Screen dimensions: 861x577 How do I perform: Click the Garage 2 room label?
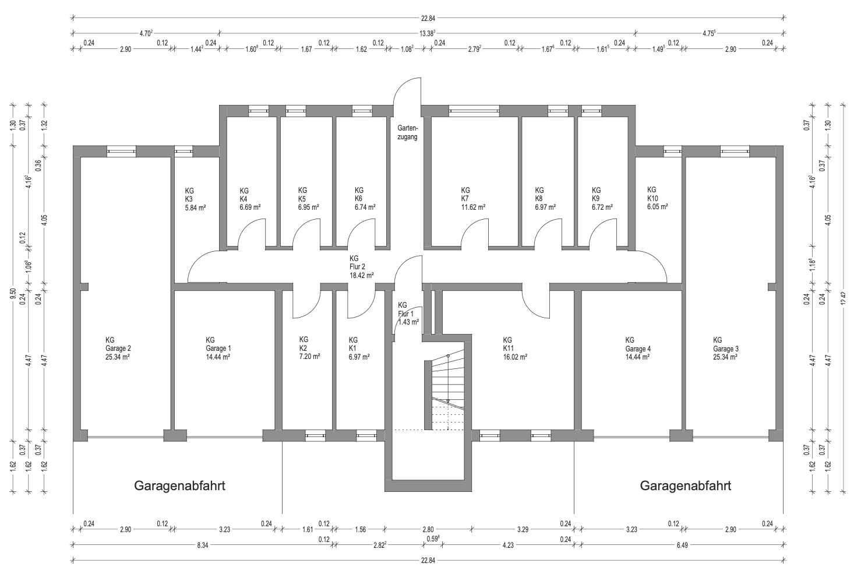tap(118, 349)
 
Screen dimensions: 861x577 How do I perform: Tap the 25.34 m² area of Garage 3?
tap(725, 357)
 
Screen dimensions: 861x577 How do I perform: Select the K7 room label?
tap(465, 199)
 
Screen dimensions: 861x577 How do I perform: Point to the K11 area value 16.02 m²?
tap(515, 357)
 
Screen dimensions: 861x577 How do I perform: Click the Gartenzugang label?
tap(407, 132)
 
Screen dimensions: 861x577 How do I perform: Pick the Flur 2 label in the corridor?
tap(357, 267)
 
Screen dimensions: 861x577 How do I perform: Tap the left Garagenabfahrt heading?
tap(179, 486)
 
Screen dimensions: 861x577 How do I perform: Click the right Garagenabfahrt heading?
tap(685, 486)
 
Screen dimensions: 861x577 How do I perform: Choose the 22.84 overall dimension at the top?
tap(428, 17)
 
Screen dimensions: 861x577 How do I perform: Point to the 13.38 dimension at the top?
tap(428, 33)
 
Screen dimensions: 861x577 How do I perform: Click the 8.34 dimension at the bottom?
tap(202, 545)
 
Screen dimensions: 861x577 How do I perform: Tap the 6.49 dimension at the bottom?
tap(682, 545)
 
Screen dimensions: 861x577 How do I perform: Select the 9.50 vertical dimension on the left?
tap(13, 293)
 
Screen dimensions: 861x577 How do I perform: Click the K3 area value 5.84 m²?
tap(195, 207)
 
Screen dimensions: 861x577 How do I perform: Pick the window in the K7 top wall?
tap(474, 111)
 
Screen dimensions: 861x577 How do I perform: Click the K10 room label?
tap(652, 198)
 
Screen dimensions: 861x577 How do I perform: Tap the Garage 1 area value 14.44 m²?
tap(218, 357)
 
